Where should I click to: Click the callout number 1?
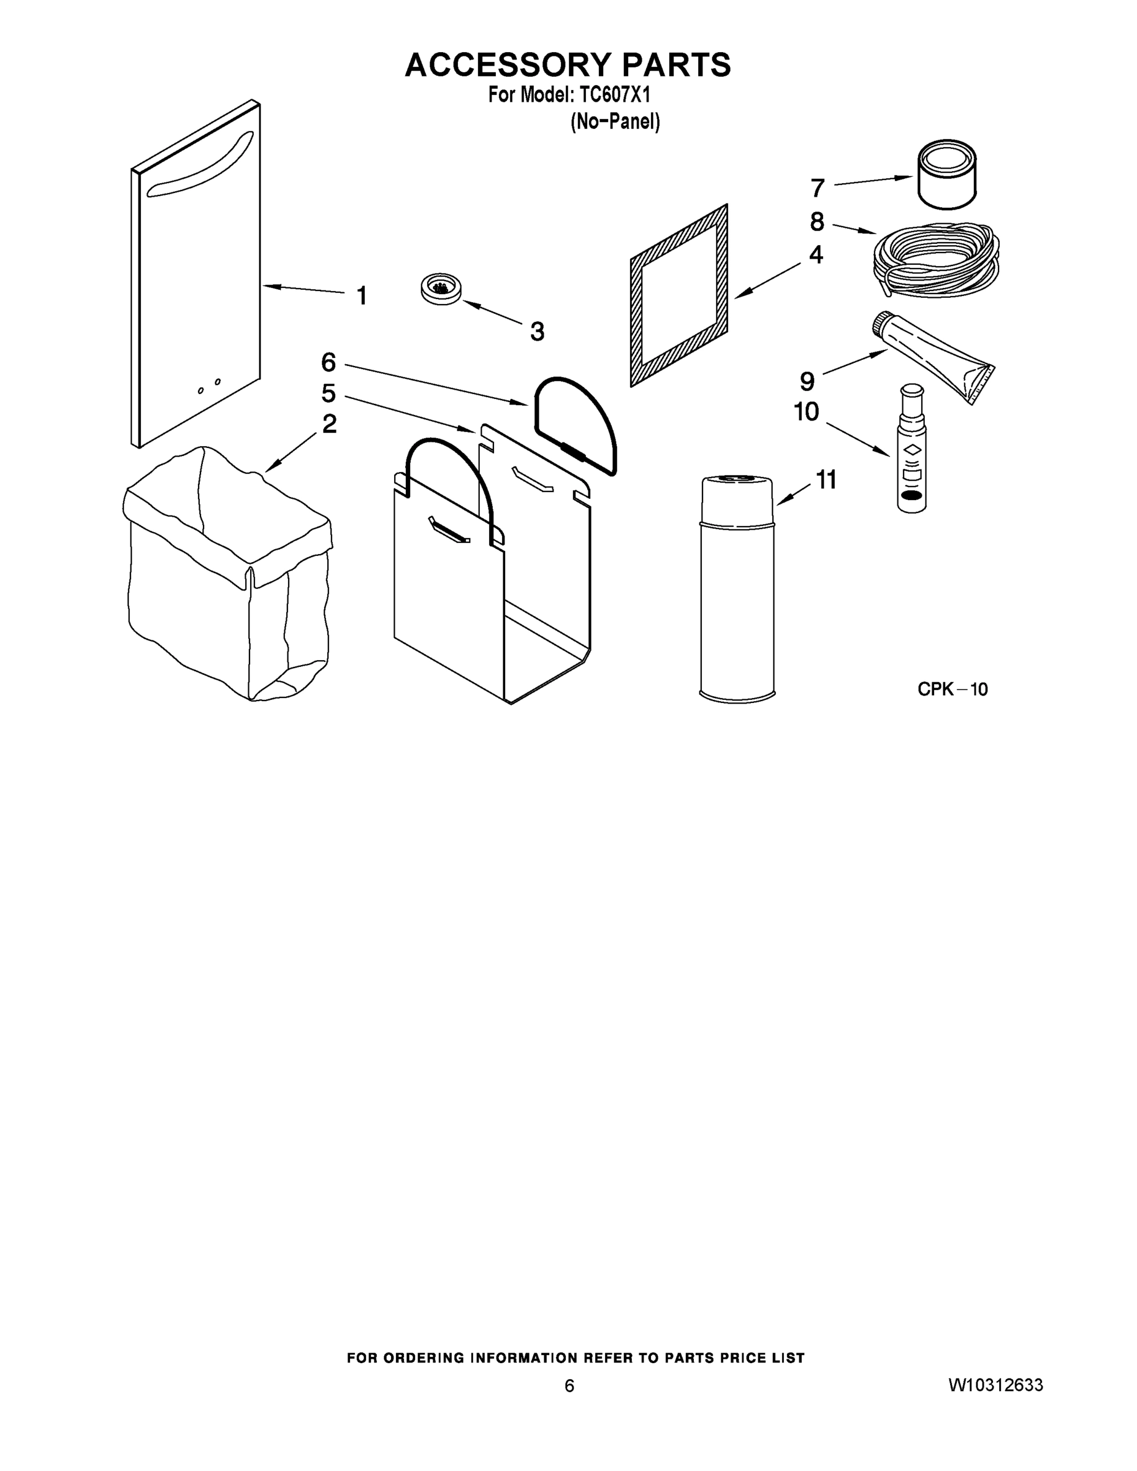point(362,295)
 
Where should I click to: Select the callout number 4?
point(816,254)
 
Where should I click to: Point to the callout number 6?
point(328,362)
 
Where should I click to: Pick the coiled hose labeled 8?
point(937,259)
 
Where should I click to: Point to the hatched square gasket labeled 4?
point(679,295)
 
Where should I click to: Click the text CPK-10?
point(953,689)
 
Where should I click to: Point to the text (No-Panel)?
point(615,122)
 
